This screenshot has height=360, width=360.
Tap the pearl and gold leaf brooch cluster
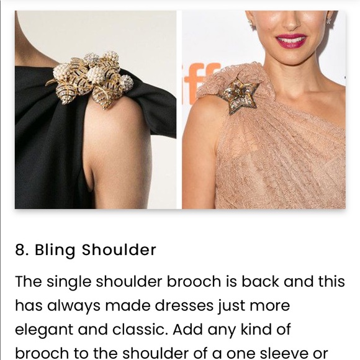pos(90,79)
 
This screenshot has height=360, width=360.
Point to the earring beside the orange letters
pos(250,22)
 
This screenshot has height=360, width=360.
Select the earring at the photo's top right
pos(329,20)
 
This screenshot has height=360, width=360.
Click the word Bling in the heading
pos(55,250)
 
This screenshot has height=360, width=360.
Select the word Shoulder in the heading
pos(119,250)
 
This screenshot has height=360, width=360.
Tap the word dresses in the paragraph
pos(184,305)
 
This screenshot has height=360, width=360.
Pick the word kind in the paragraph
pos(252,329)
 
